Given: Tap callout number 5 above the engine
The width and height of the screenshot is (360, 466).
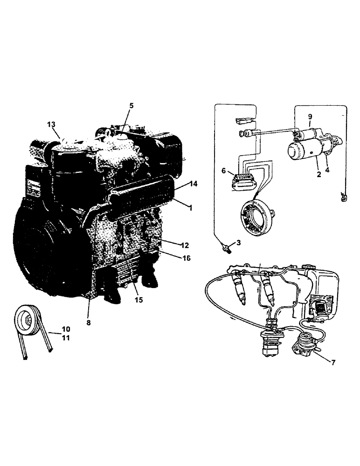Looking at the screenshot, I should pyautogui.click(x=131, y=106).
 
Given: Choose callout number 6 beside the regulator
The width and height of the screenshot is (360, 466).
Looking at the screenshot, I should pyautogui.click(x=225, y=171).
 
